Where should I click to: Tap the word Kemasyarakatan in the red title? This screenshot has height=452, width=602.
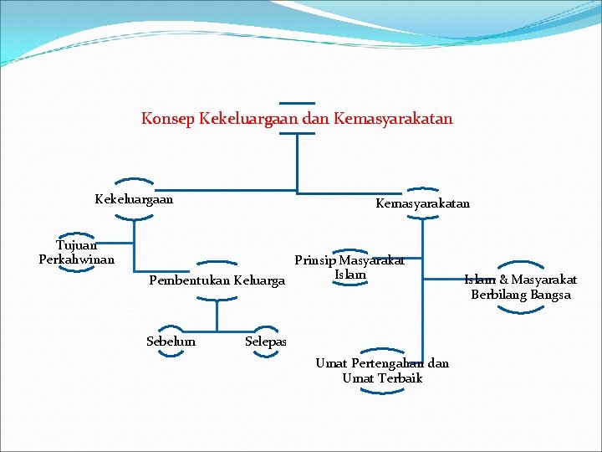(x=392, y=119)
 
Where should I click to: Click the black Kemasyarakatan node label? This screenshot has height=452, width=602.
(x=422, y=203)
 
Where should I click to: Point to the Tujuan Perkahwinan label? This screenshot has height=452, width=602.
(x=76, y=252)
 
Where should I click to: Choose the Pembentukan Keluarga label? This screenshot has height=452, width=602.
(x=217, y=280)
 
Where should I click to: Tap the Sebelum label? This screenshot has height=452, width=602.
(x=171, y=342)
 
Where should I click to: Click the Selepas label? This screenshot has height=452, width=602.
(x=266, y=342)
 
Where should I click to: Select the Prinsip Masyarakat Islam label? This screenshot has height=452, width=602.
(x=349, y=267)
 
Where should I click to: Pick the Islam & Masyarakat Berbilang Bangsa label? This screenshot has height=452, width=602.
(x=520, y=287)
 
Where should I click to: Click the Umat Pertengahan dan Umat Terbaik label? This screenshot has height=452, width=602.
(x=382, y=370)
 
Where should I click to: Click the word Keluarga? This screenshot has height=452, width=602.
(x=260, y=280)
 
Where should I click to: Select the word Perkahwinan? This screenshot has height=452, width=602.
(x=76, y=259)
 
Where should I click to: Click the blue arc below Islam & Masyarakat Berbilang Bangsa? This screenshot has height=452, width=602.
(x=520, y=310)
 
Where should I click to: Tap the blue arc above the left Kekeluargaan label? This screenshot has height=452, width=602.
(x=134, y=181)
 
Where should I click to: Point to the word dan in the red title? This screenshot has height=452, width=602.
(x=315, y=119)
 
